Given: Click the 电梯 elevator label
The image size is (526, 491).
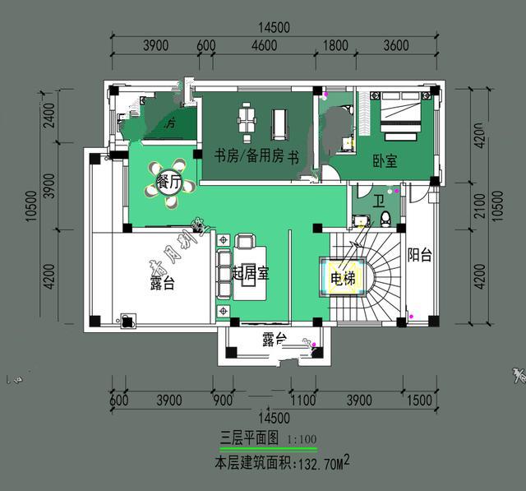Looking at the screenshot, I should (344, 279).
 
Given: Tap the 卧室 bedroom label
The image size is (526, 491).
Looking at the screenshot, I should (385, 162).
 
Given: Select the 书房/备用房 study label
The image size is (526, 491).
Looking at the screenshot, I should (247, 155).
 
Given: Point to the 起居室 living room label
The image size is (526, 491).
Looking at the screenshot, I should (251, 273).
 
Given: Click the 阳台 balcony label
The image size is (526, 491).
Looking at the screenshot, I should (420, 255).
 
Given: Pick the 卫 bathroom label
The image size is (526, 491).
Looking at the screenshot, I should (378, 200).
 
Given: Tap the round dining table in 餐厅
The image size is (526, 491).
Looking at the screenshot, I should (169, 182).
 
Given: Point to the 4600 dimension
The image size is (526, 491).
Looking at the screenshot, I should (263, 45).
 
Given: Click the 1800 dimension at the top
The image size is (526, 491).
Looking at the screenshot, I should (336, 45).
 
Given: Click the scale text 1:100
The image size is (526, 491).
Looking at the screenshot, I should (302, 438).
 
